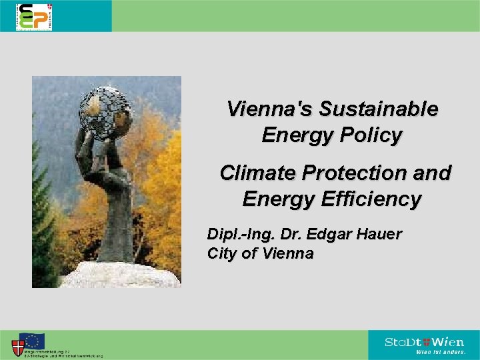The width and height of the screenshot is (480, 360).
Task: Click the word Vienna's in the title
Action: pos(270,109)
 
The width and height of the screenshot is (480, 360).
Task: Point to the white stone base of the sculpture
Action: pos(120,275)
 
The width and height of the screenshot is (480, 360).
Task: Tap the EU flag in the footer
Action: pos(32,341)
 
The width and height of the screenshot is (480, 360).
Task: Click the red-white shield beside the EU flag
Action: pos(18,347)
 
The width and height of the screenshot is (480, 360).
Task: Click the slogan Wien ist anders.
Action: pos(441,352)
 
